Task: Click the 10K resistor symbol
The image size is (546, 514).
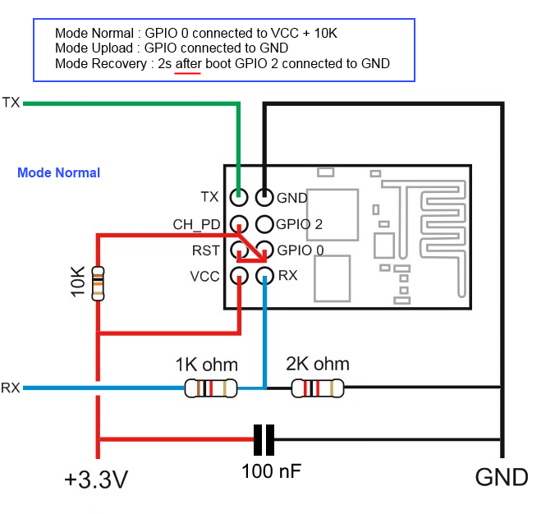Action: [99, 282]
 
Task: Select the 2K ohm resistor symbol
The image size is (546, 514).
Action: [318, 388]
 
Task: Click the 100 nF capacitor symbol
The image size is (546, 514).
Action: [264, 440]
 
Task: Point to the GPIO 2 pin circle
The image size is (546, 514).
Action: [264, 223]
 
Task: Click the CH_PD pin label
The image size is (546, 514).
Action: [196, 224]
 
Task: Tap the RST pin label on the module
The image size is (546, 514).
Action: [205, 250]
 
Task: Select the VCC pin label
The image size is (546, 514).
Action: [204, 276]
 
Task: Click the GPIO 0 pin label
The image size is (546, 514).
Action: [300, 250]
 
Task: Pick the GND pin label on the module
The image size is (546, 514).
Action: [291, 198]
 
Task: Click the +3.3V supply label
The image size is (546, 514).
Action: [95, 480]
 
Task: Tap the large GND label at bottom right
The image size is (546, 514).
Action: [501, 476]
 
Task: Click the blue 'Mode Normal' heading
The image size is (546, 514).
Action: [59, 172]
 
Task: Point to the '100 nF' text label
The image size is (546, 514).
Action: [271, 472]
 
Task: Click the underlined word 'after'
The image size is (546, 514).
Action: [188, 63]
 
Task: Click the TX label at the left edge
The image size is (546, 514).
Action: [11, 103]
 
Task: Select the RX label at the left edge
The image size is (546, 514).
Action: [11, 388]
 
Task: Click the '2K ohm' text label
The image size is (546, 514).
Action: [317, 364]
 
